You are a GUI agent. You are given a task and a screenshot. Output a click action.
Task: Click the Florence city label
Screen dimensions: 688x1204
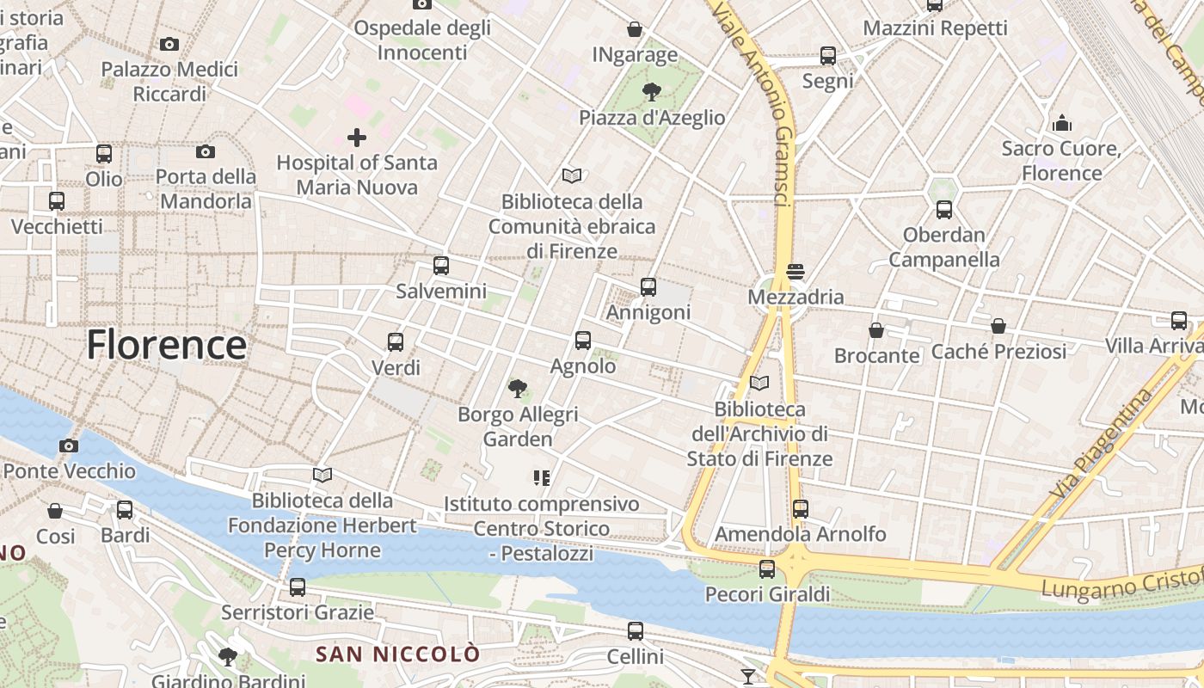pos(166,345)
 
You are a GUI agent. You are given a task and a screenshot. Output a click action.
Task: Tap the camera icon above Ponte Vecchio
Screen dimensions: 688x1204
pos(69,445)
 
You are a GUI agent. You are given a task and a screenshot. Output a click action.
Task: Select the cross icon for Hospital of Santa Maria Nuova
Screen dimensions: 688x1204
pos(356,137)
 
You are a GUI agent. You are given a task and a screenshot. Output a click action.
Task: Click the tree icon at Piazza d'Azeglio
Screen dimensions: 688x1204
pos(652,92)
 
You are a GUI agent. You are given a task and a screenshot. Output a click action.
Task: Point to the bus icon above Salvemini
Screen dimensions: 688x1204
pos(441,266)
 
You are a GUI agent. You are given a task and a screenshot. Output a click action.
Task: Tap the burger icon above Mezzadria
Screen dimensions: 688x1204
pos(795,272)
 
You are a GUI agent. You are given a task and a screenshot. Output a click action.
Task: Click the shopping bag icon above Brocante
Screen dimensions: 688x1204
pos(876,330)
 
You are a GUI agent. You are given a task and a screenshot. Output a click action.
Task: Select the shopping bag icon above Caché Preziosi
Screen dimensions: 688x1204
pos(998,326)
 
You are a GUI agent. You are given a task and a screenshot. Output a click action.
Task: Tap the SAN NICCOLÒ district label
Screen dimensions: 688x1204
pos(398,654)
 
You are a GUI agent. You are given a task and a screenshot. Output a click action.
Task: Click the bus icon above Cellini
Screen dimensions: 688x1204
pos(635,631)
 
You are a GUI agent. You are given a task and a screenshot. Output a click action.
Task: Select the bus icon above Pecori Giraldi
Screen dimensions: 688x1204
pos(766,569)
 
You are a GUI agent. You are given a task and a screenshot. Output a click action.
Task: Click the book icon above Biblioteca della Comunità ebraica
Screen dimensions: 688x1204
pos(572,176)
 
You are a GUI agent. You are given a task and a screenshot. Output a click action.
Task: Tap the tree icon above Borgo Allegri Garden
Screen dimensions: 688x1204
pos(517,389)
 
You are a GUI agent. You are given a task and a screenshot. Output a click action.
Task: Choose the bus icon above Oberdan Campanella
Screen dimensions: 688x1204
pos(943,210)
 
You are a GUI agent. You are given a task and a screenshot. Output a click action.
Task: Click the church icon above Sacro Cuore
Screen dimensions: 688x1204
pos(1062,123)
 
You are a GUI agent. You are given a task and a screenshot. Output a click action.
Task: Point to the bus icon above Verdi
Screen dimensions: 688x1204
pos(396,342)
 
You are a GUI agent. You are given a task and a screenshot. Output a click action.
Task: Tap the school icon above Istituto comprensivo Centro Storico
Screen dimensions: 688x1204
pos(542,477)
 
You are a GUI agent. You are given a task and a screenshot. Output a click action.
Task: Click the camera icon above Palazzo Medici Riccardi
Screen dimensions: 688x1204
pos(169,44)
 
